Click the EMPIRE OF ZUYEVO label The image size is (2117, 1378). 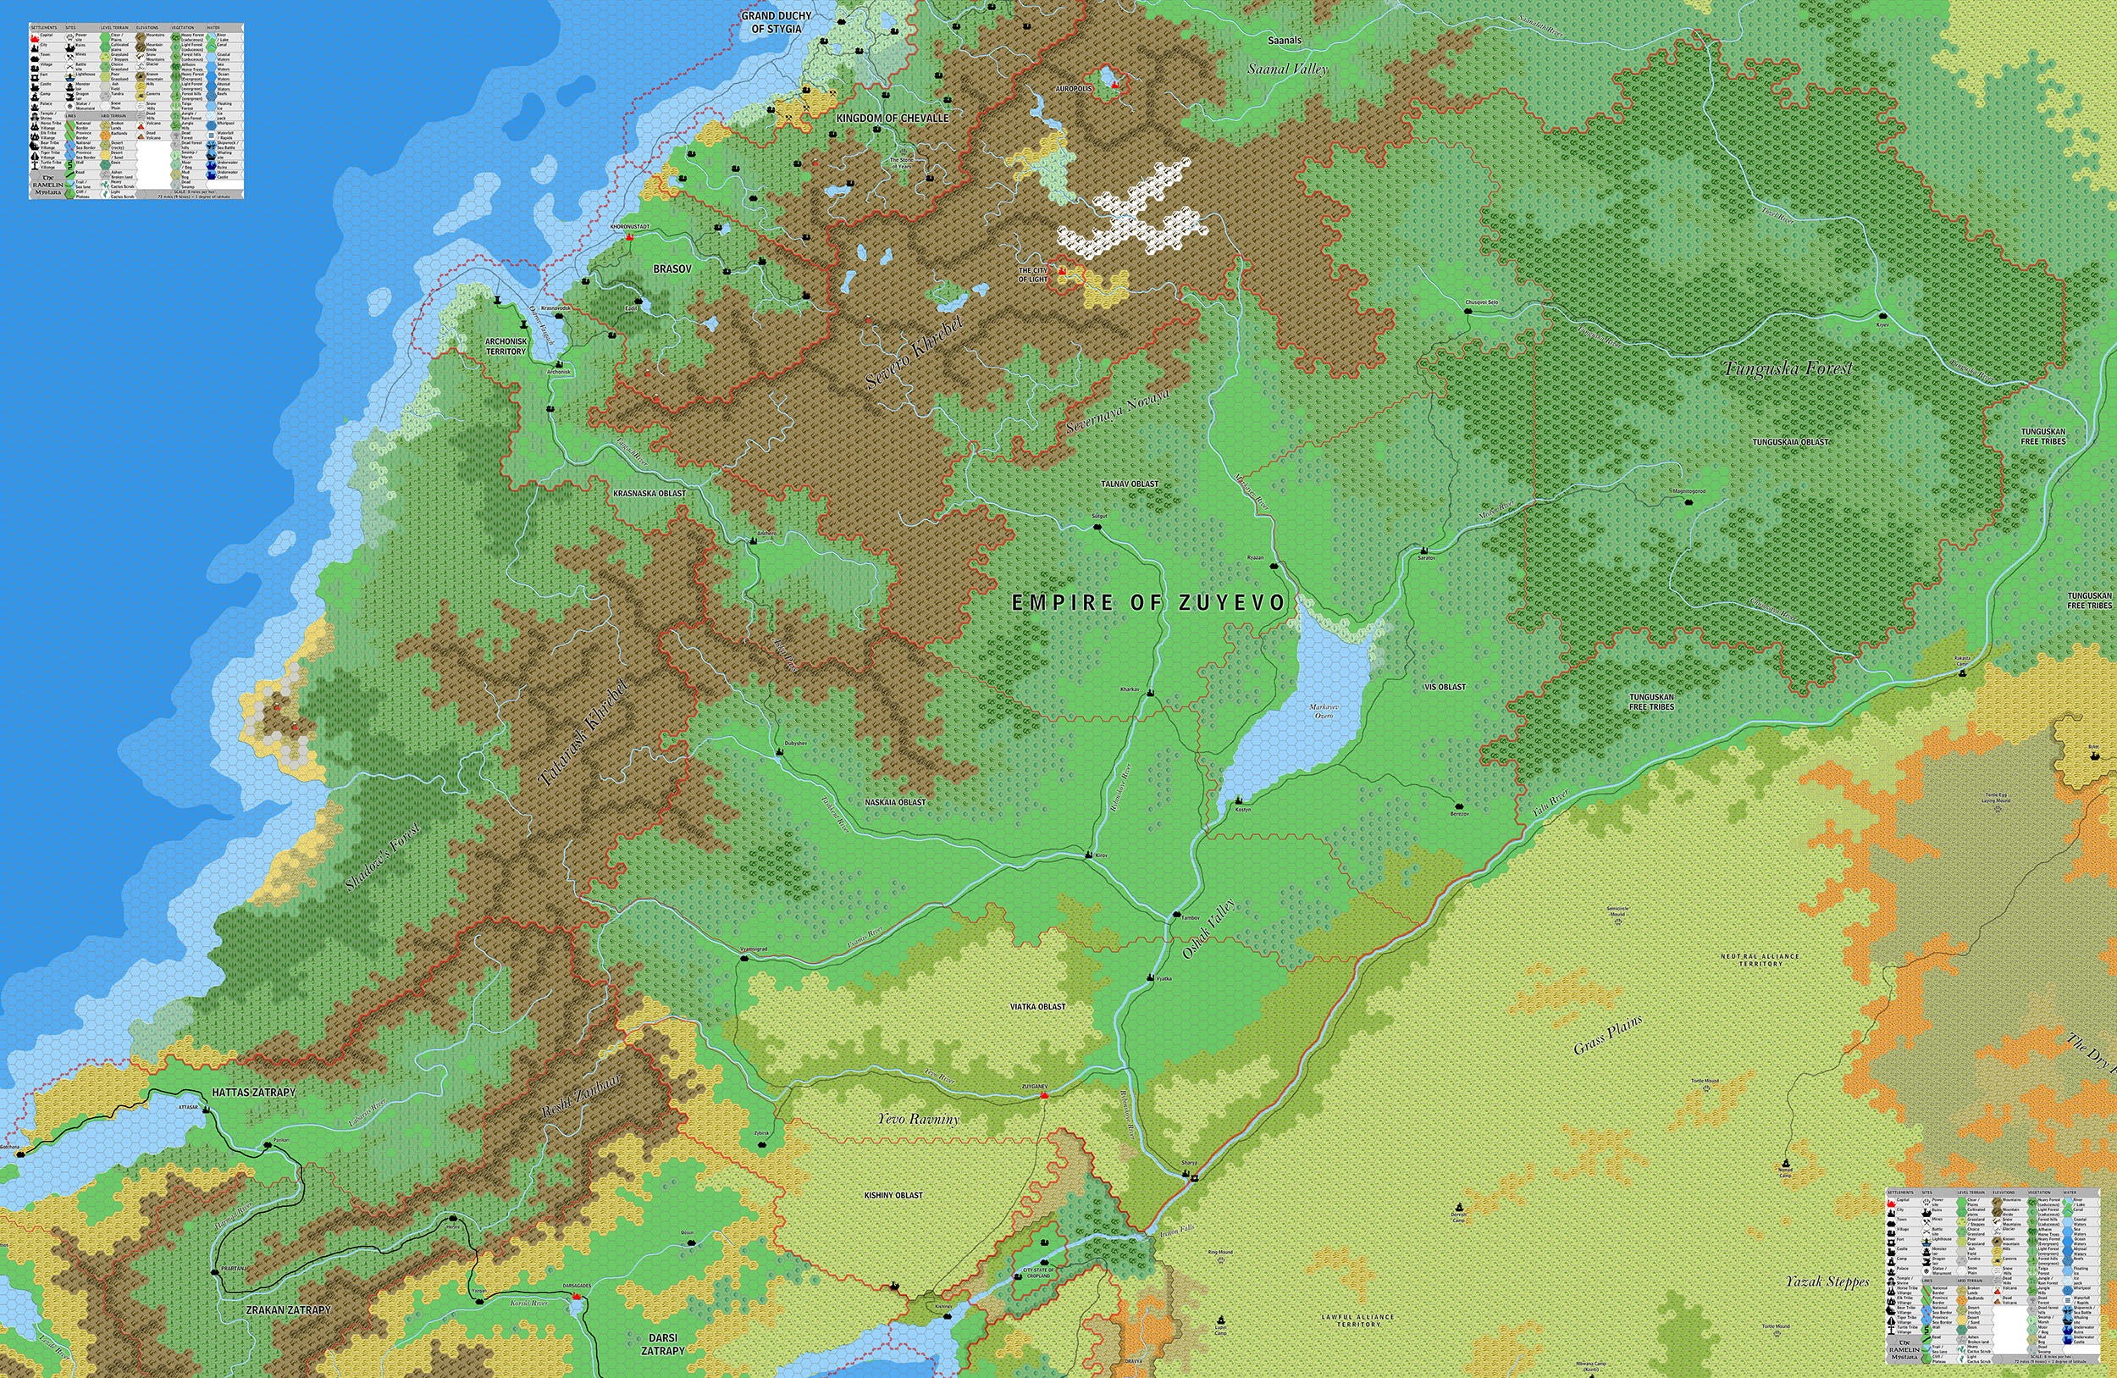(1148, 603)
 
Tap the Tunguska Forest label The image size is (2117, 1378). (1788, 368)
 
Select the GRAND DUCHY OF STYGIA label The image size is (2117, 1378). (776, 22)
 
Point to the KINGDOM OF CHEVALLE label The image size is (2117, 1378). (893, 119)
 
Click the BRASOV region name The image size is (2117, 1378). (672, 268)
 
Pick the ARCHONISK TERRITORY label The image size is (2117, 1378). (506, 346)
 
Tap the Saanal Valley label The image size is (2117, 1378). (1287, 69)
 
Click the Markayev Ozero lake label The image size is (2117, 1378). (1324, 711)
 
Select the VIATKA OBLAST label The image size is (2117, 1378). (1037, 1007)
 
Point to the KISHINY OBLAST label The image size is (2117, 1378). (893, 1196)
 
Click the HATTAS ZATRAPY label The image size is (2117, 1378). (253, 1093)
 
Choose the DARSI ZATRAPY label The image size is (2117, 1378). (664, 1344)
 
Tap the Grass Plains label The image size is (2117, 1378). (1607, 1036)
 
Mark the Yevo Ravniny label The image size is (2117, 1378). (918, 1119)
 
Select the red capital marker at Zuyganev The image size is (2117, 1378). (1044, 1096)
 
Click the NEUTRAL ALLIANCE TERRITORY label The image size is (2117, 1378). (1761, 960)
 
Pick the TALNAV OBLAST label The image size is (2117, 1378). (1130, 484)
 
